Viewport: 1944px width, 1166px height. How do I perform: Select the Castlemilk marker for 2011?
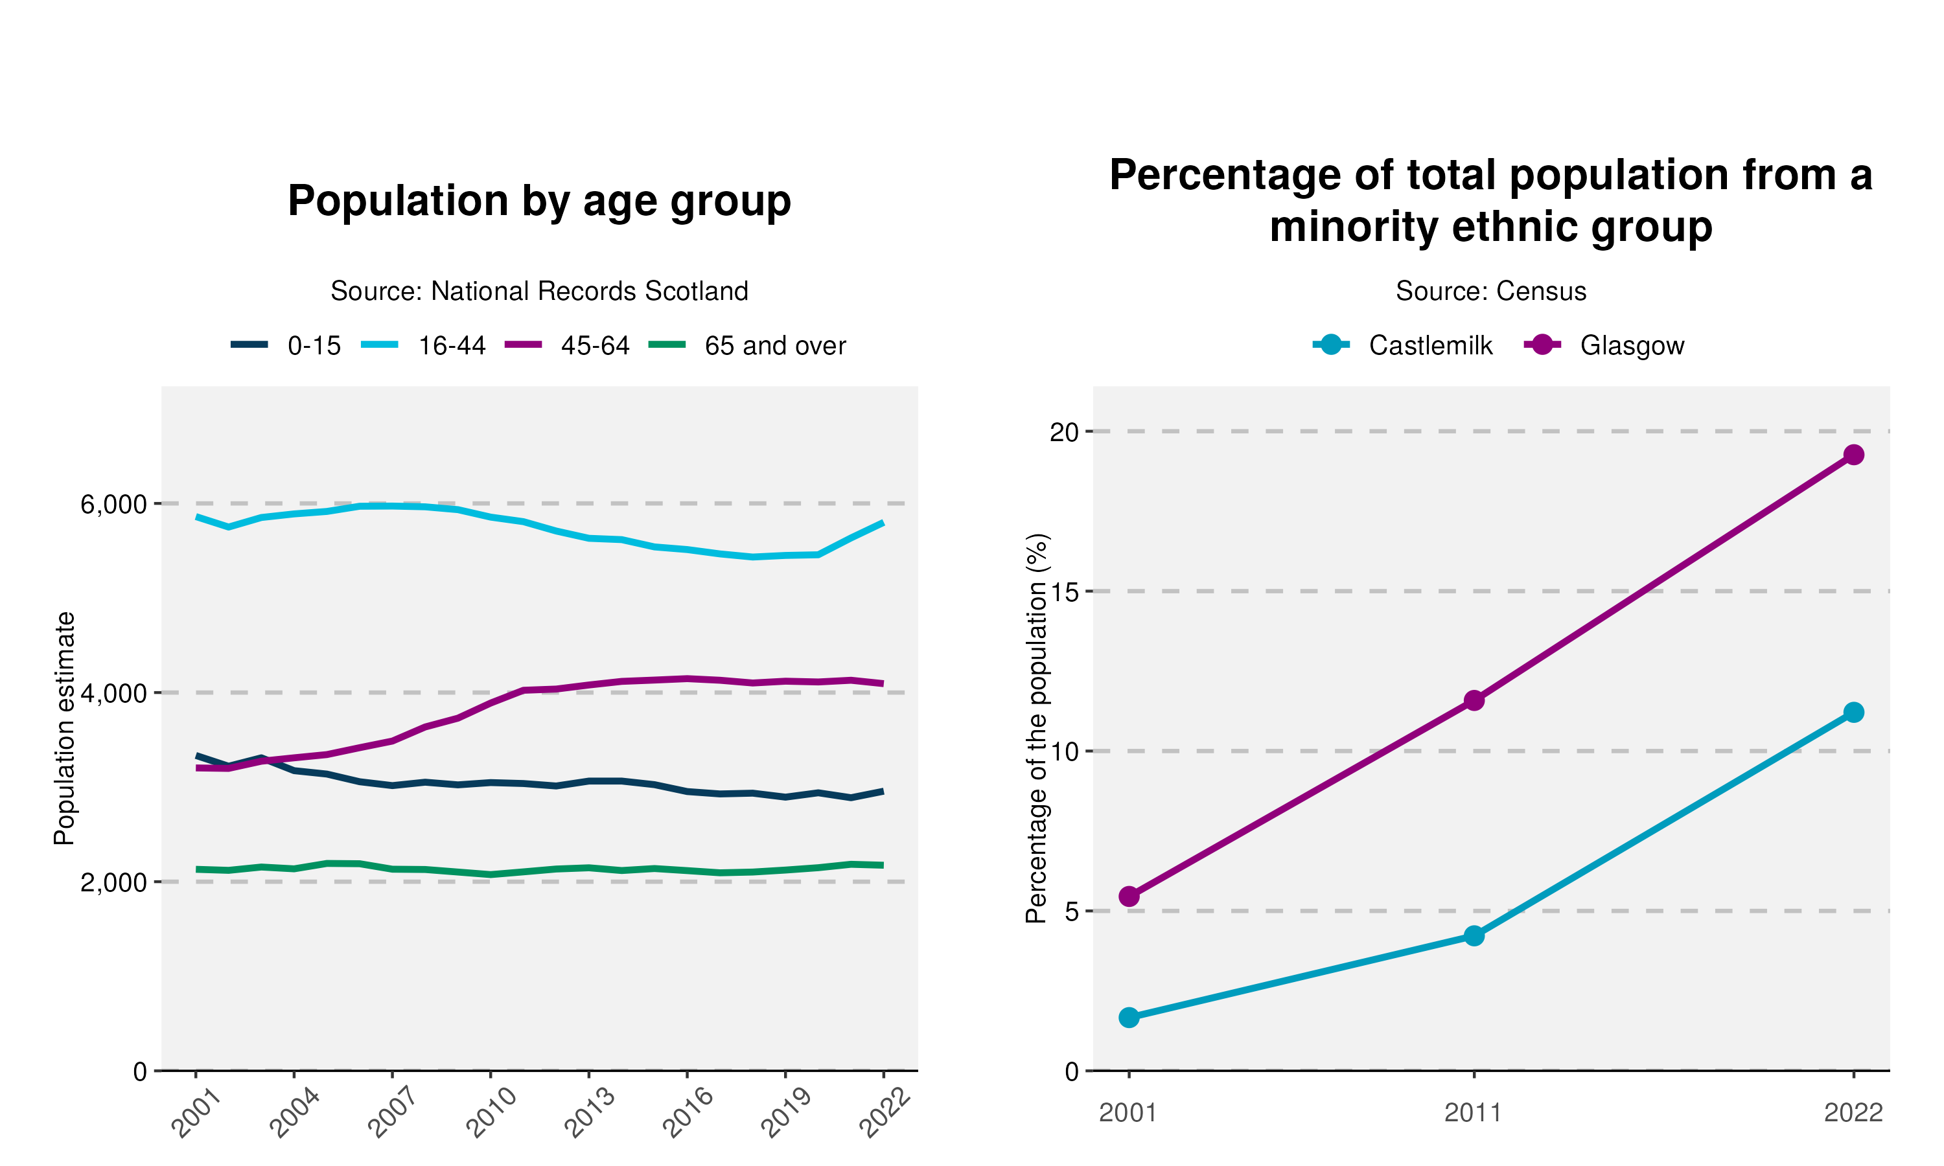[1474, 936]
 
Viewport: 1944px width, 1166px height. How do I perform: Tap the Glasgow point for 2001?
[1129, 897]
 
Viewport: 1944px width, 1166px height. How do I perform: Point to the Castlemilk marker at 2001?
[1129, 1018]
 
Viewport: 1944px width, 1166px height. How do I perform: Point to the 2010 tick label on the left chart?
[492, 1113]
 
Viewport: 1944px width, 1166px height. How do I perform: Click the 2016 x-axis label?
[688, 1113]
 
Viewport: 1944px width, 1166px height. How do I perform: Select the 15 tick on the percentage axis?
[1064, 591]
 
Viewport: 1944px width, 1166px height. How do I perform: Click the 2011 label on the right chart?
[1474, 1114]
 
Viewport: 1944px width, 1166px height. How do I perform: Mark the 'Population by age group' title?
[539, 201]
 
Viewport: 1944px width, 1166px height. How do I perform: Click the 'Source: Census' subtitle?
[1490, 291]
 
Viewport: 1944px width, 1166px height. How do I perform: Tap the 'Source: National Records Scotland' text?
[539, 291]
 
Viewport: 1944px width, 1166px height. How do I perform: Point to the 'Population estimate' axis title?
[64, 728]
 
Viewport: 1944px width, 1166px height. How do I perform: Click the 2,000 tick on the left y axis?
[114, 882]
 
